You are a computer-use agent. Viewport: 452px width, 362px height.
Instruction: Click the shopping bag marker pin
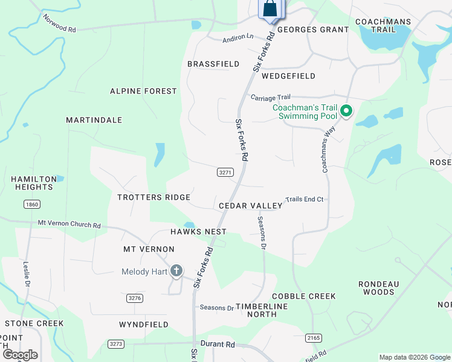click(x=270, y=10)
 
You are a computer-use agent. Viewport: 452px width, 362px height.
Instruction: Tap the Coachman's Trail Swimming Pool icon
click(x=346, y=111)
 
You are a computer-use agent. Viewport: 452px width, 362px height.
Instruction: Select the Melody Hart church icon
click(x=176, y=271)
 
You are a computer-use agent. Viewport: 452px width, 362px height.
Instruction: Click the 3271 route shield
click(x=225, y=172)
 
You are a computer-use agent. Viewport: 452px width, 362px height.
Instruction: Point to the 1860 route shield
click(x=32, y=205)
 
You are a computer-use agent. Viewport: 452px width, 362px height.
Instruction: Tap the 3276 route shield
click(x=135, y=298)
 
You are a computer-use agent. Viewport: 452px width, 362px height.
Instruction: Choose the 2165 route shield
click(x=314, y=338)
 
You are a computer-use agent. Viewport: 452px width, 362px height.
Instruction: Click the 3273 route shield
click(x=116, y=344)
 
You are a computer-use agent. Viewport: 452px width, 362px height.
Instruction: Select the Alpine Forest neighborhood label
click(x=143, y=91)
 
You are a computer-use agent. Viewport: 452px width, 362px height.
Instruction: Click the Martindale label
click(x=94, y=120)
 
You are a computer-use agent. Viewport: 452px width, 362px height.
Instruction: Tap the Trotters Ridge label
click(x=154, y=197)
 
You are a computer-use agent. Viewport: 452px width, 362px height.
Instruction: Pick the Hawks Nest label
click(x=198, y=232)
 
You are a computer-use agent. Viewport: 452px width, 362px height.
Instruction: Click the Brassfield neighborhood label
click(x=213, y=63)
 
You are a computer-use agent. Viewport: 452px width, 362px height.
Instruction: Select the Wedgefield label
click(x=288, y=76)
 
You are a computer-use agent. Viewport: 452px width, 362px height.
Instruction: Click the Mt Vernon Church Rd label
click(x=69, y=224)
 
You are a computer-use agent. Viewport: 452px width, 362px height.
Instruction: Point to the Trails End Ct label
click(x=305, y=199)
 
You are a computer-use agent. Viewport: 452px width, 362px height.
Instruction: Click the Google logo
click(x=20, y=355)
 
